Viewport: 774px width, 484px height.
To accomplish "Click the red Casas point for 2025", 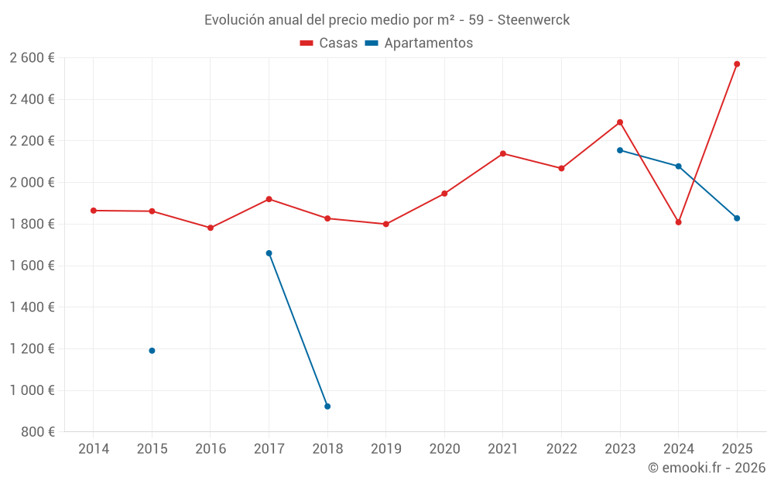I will point(737,64).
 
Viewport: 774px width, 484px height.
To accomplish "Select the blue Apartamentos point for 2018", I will point(327,407).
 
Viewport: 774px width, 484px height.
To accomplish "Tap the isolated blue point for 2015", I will point(152,351).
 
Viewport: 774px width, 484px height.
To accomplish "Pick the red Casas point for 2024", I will point(678,222).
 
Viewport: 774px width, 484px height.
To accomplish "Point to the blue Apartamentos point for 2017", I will point(269,253).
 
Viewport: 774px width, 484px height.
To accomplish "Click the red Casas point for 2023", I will point(620,122).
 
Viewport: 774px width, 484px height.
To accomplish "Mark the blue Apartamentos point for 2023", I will point(620,150).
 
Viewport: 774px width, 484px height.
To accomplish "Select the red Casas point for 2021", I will point(502,153).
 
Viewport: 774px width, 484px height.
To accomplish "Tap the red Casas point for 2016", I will point(211,228).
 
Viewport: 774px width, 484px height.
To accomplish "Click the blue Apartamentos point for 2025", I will point(737,218).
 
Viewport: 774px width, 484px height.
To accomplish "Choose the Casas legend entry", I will point(329,43).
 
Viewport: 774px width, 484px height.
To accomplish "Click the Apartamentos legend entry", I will point(419,43).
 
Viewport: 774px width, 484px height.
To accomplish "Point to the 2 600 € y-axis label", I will point(32,58).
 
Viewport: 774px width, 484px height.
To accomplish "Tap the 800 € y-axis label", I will point(37,432).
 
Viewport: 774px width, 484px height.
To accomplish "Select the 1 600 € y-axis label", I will point(32,266).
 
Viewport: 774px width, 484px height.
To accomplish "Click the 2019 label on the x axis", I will point(385,449).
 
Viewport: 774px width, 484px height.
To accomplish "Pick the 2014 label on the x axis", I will point(93,449).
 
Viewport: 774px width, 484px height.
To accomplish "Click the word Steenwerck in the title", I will point(533,20).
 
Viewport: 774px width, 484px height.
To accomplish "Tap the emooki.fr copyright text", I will point(707,468).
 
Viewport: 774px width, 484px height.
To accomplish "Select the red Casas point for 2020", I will point(444,194).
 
